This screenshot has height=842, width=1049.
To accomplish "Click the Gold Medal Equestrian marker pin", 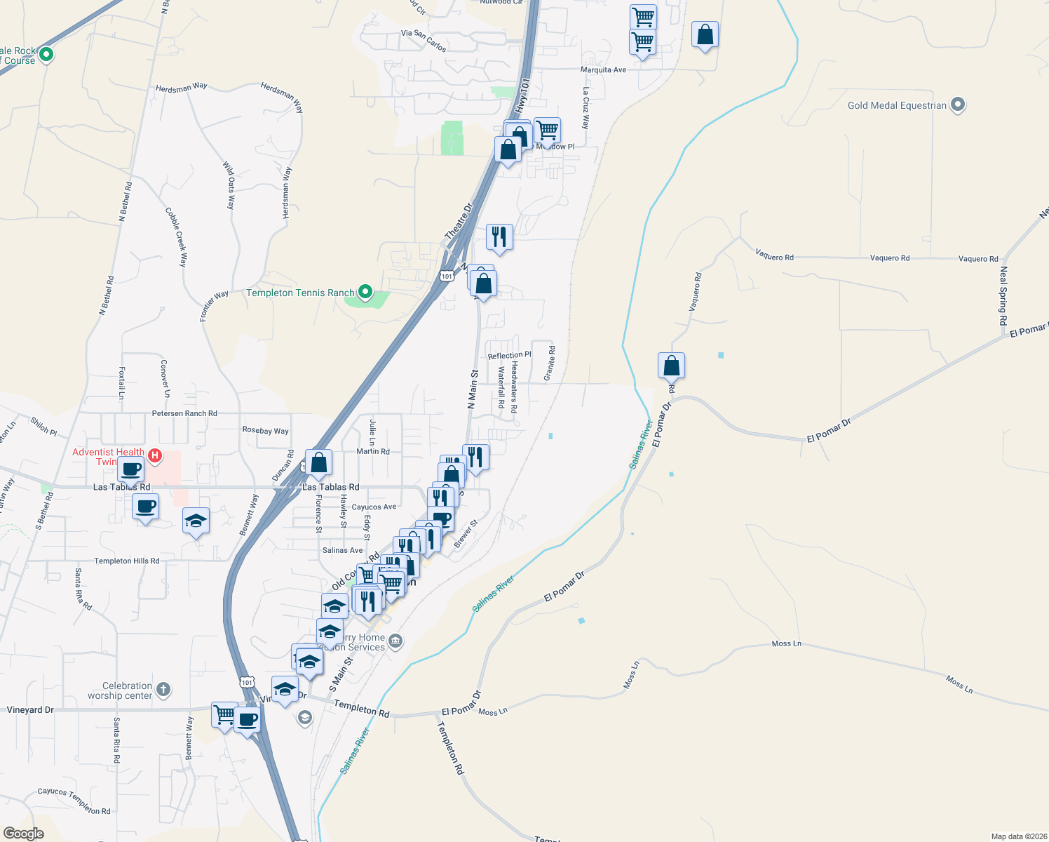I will (958, 105).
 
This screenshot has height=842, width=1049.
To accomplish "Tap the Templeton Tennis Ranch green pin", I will (365, 292).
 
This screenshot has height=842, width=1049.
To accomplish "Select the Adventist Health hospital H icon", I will (155, 456).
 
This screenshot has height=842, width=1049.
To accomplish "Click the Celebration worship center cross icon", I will (163, 689).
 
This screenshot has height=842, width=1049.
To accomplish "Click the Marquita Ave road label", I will (603, 70).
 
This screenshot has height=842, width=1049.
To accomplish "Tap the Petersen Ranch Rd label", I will (184, 413).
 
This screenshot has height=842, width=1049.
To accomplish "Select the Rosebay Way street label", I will (265, 430).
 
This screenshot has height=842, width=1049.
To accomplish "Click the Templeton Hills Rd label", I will (127, 561).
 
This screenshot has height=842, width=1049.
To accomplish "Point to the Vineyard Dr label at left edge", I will (30, 710).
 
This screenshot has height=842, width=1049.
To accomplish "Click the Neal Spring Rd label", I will (1003, 295).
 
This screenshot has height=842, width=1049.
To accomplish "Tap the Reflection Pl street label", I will (509, 356).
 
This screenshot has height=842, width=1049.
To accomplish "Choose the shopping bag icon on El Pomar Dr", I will (671, 366).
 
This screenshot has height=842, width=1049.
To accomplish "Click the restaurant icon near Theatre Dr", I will (499, 237).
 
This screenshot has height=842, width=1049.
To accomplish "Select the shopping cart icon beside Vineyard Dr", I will (224, 715).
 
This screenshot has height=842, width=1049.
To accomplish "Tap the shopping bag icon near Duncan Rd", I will (318, 462).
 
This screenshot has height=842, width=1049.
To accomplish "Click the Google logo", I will (24, 834).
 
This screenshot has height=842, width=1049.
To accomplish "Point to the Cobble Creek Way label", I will (176, 237).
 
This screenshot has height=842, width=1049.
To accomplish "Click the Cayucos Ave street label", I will (374, 507).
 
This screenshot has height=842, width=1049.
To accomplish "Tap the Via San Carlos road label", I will (424, 40).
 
